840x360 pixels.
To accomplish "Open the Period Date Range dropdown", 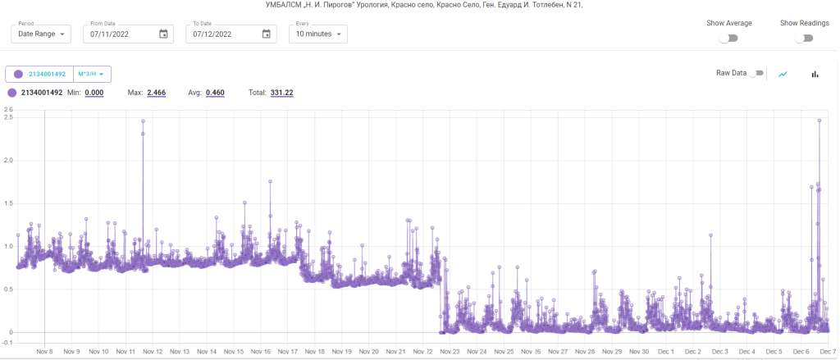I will (42, 34).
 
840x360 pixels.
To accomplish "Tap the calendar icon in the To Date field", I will (266, 34).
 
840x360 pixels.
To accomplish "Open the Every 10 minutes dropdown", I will (318, 34).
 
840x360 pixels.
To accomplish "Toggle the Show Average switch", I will (728, 38).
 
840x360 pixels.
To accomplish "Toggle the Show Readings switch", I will (804, 38).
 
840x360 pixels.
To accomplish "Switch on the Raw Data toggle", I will (757, 73).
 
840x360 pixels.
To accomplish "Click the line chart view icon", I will (783, 74).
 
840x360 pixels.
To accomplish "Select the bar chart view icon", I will (815, 74).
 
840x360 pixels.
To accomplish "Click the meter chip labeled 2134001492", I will (40, 74).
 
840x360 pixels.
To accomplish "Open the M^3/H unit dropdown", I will (92, 74).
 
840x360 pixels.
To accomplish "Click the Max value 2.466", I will (156, 93).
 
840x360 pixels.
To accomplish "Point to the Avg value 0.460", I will (215, 93).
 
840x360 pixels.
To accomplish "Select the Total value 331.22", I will (281, 93).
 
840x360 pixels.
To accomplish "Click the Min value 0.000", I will (94, 93).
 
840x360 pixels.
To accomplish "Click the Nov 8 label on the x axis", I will (45, 351).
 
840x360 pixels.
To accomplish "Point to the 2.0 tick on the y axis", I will (8, 160).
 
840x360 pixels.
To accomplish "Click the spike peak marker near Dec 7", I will (819, 121).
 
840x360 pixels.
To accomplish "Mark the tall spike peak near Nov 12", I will (143, 121).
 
